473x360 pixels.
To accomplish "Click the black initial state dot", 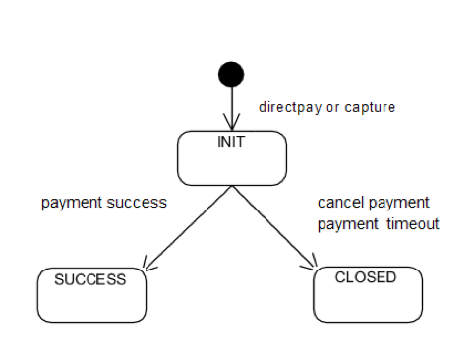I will pyautogui.click(x=230, y=74).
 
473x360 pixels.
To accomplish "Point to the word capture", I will pyautogui.click(x=372, y=106).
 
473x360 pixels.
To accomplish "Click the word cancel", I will pyautogui.click(x=337, y=203).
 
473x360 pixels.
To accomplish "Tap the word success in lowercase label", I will pyautogui.click(x=138, y=203).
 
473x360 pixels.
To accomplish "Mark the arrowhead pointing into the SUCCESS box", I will pyautogui.click(x=148, y=264).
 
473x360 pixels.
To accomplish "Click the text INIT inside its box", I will pyautogui.click(x=230, y=142).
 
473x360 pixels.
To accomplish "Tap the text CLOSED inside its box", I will pyautogui.click(x=366, y=278).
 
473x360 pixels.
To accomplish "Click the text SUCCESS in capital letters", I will pyautogui.click(x=89, y=279).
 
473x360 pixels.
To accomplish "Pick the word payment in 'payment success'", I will pyautogui.click(x=73, y=203).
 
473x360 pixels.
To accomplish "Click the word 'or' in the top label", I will pyautogui.click(x=333, y=106).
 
